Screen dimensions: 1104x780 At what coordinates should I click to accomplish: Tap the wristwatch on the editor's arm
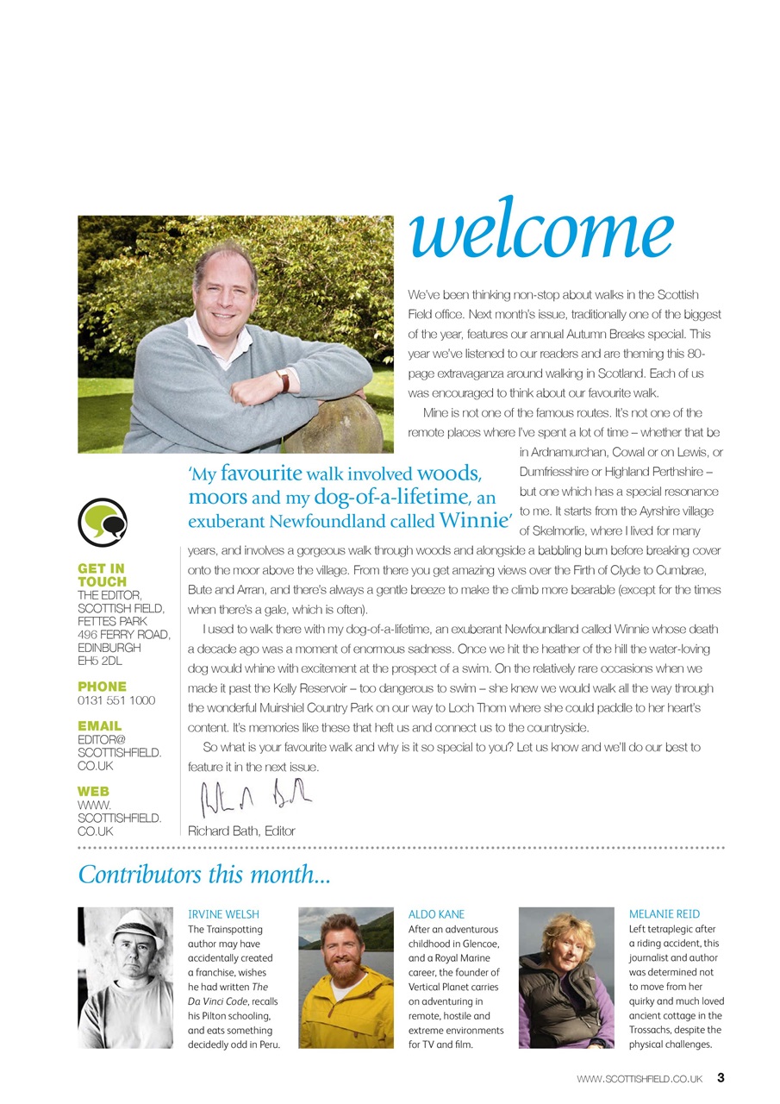[x=283, y=380]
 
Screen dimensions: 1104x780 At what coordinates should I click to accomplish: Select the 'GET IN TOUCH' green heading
[x=101, y=575]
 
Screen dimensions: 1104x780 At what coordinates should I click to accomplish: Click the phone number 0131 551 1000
[x=116, y=701]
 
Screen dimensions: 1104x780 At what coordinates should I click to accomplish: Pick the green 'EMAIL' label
[x=99, y=726]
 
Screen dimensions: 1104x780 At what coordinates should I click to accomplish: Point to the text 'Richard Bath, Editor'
[x=241, y=831]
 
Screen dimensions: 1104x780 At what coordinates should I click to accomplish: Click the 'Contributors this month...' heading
[x=204, y=875]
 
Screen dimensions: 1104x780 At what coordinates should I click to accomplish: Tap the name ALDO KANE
[x=437, y=914]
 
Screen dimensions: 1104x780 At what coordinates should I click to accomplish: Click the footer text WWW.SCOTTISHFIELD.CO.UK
[x=640, y=1078]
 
